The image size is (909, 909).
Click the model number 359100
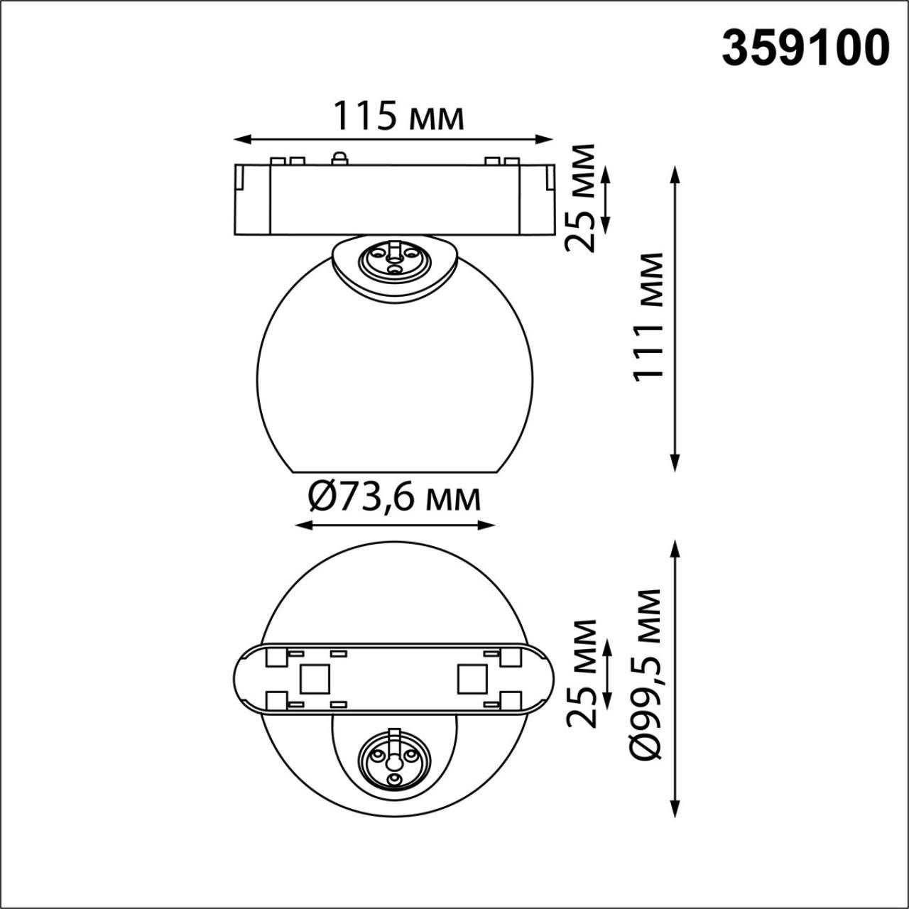pos(805,48)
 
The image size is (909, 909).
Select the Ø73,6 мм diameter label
pos(395,498)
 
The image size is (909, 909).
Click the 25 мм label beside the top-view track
pos(582,673)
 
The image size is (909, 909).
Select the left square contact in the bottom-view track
pos(314,679)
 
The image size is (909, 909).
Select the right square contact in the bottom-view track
pos(472,679)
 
